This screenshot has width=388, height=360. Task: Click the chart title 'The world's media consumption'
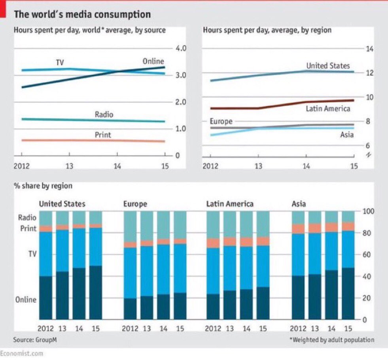82,15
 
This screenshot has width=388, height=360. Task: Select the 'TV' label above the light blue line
60,62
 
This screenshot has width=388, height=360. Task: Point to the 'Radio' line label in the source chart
104,115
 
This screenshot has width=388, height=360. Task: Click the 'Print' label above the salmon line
103,135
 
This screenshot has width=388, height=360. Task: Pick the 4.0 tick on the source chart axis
180,49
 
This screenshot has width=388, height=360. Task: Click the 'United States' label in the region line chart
328,66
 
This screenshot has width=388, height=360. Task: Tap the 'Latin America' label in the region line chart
328,108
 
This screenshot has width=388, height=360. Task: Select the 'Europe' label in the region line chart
221,121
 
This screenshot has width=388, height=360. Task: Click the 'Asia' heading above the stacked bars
299,204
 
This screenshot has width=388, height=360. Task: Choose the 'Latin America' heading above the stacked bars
230,204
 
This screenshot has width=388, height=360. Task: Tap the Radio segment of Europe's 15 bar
180,224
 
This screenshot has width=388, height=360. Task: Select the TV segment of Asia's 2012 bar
298,254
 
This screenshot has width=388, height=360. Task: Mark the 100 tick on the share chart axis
368,211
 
